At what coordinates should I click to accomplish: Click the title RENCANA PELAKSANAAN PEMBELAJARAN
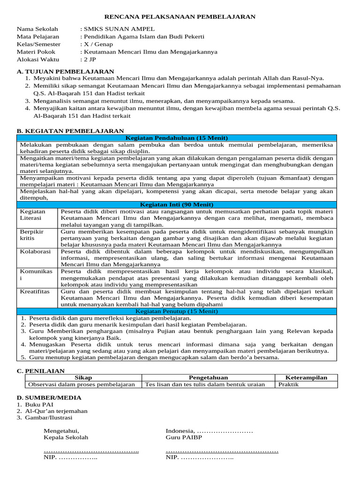pos(180,17)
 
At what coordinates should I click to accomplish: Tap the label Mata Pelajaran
pos(38,37)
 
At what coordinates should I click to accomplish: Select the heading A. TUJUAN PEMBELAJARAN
pos(59,71)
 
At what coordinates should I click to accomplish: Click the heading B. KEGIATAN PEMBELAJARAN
pos(70,131)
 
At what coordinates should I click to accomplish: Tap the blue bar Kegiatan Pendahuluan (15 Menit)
pos(177,138)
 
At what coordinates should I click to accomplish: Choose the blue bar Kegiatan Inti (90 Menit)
pos(177,205)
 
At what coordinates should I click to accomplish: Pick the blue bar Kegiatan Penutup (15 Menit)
pos(177,311)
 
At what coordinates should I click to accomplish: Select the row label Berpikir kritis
pos(31,235)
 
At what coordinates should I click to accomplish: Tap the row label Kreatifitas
pos(35,291)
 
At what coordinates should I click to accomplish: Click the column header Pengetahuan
pos(208,377)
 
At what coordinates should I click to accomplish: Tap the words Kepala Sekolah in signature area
pos(66,437)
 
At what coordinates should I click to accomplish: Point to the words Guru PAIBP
pos(184,437)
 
